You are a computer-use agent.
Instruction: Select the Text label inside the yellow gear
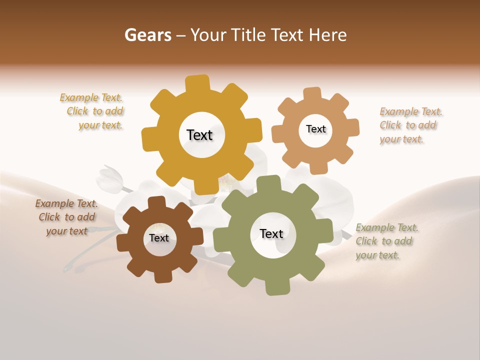click(x=199, y=135)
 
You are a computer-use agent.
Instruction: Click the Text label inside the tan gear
click(x=315, y=129)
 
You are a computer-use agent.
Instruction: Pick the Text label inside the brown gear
click(x=159, y=238)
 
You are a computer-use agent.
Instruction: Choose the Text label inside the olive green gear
click(x=271, y=233)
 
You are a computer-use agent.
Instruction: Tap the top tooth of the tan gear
click(x=312, y=94)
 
